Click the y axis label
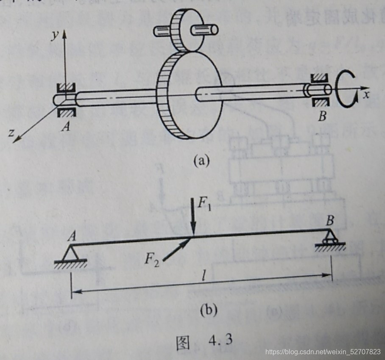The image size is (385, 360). [54, 36]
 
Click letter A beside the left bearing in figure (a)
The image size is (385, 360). [65, 126]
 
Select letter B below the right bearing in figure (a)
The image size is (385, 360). [322, 116]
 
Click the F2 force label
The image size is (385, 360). [152, 258]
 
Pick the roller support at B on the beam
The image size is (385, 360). [330, 238]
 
